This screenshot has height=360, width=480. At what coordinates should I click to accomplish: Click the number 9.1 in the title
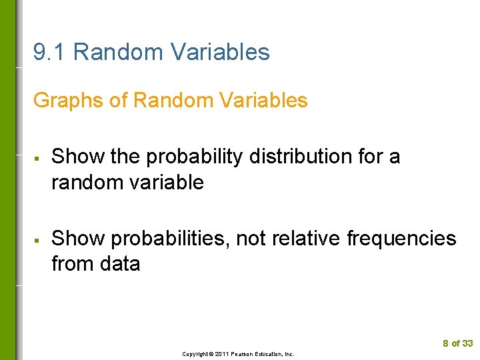[x=49, y=52]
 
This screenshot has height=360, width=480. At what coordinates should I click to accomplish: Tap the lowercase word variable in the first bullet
[x=166, y=182]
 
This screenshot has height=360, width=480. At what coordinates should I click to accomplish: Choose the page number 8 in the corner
[x=445, y=343]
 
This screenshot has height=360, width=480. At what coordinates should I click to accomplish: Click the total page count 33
[x=467, y=343]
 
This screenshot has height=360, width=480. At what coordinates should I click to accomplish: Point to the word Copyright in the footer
[x=195, y=354]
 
